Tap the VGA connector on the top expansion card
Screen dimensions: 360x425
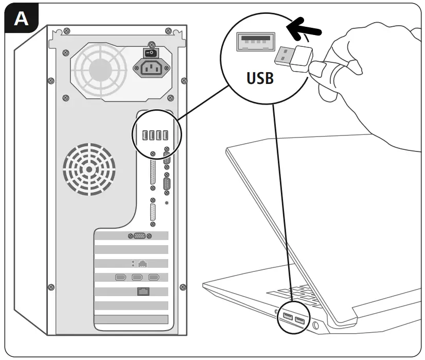(x=139, y=236)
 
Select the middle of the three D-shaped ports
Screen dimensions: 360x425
(x=138, y=278)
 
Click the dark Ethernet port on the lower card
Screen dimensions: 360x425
(x=143, y=292)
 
